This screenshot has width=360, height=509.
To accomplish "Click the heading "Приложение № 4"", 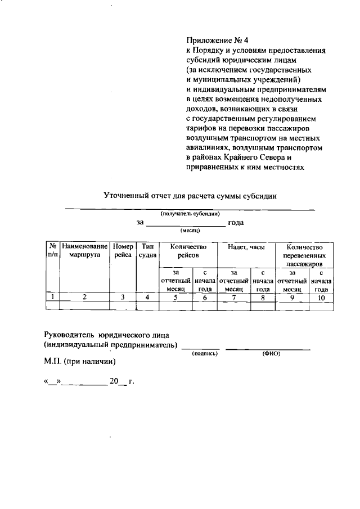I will pos(217,40).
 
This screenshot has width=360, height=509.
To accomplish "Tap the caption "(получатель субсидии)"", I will pos(190,214).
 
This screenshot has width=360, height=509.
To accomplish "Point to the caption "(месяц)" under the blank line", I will pos(191,231).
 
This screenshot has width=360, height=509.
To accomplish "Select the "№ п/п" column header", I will pos(52,250).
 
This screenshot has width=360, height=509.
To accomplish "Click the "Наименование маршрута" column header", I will pos(84,250).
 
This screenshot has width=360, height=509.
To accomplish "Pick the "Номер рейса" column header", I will pos(123,250).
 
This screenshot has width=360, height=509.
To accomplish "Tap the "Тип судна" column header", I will pos(147,250).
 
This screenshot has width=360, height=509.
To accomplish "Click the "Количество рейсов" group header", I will pos(188,250).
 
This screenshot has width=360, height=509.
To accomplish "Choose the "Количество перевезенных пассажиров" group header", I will pos(304,255).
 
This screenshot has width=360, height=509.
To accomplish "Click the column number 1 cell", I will pos(52,298).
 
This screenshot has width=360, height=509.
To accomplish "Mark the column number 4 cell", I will pos(147,298).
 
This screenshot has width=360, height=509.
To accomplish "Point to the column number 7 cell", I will pos(233,298).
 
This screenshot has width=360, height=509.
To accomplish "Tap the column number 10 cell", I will pos(321,298).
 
